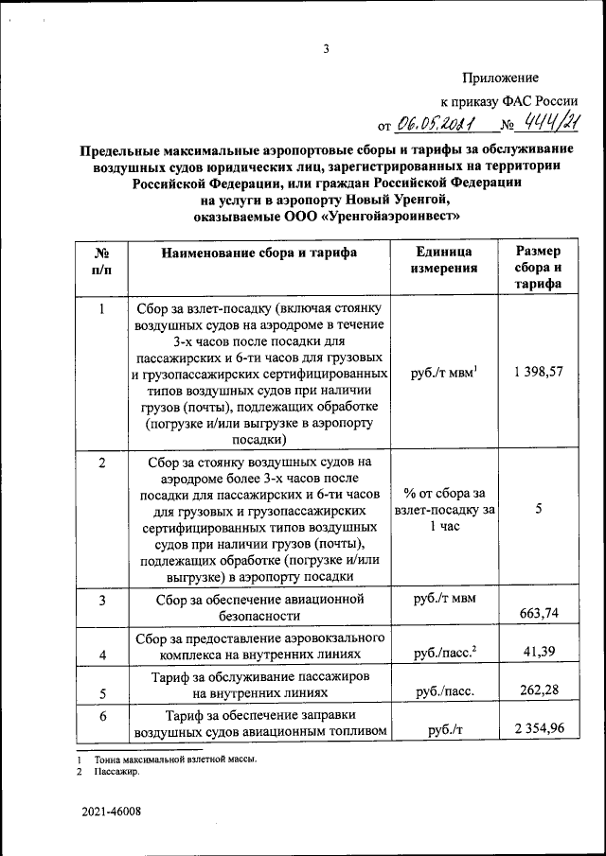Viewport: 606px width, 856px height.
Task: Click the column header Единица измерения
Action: coord(445,260)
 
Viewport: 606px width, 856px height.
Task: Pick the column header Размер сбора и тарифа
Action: coord(538,268)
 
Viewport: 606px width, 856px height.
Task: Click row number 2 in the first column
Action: coord(101,462)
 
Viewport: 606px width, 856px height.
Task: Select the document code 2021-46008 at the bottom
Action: coord(111,812)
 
